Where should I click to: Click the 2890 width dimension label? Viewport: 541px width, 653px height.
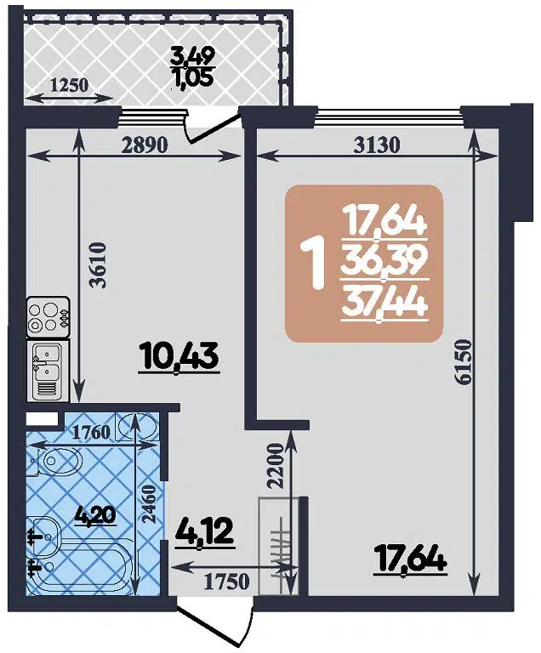[x=145, y=145]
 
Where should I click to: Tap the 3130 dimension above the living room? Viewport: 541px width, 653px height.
[x=375, y=145]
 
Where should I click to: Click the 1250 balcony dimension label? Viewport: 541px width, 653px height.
[x=71, y=85]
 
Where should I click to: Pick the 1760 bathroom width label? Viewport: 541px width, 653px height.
[x=90, y=432]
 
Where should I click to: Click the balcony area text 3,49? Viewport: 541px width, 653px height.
[x=193, y=57]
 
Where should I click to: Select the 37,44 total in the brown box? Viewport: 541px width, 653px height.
[x=384, y=300]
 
